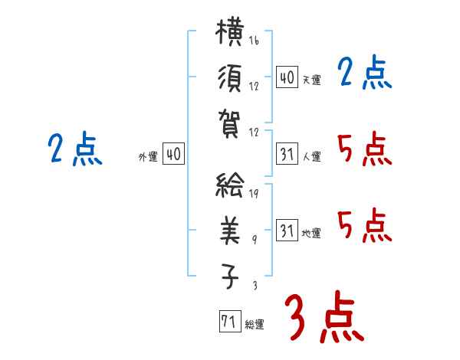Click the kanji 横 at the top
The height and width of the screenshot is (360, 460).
(x=230, y=32)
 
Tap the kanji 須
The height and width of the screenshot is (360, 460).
(x=230, y=79)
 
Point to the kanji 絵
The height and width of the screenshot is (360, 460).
(x=230, y=185)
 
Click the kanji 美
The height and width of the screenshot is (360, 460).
(x=230, y=231)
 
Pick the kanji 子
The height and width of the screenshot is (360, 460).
(x=230, y=276)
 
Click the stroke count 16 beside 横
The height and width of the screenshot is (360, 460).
(x=254, y=40)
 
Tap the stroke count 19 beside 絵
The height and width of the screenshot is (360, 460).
(x=254, y=193)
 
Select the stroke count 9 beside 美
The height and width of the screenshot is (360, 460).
(x=255, y=240)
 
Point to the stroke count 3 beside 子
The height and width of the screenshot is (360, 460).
(x=255, y=285)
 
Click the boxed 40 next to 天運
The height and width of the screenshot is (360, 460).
(x=287, y=77)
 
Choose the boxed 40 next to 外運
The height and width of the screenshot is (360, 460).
(x=173, y=153)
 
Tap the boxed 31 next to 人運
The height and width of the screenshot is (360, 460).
(x=287, y=154)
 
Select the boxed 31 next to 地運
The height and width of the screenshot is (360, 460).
(x=287, y=230)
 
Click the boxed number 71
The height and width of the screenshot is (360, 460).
(x=230, y=321)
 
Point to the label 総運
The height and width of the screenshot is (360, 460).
(x=255, y=324)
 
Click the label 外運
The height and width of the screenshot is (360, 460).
(x=148, y=157)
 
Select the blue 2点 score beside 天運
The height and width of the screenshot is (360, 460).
(x=364, y=72)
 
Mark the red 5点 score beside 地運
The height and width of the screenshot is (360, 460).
(x=364, y=225)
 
